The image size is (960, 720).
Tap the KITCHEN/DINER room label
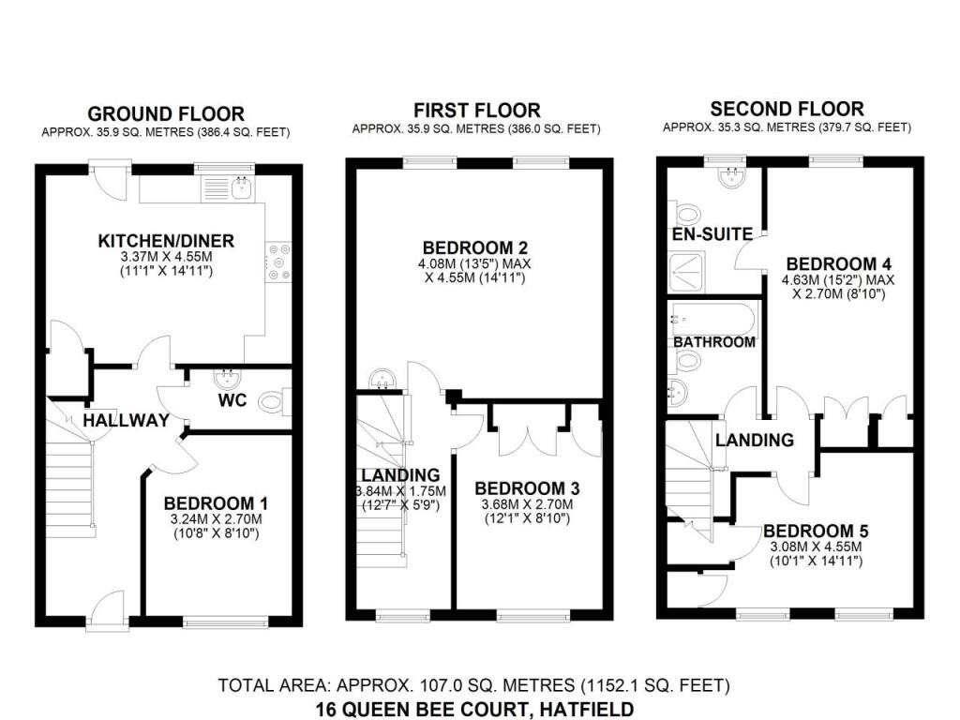[x=166, y=242]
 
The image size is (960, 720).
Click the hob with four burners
[x=278, y=262]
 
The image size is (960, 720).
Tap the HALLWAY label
[x=126, y=420]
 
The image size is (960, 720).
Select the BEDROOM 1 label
[x=209, y=503]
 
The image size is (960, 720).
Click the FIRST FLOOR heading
[x=476, y=111]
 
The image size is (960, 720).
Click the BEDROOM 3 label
[x=527, y=488]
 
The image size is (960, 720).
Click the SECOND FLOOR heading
[x=787, y=109]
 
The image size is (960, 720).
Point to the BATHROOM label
[x=714, y=342]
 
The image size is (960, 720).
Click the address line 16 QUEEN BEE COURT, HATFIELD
[x=474, y=709]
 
